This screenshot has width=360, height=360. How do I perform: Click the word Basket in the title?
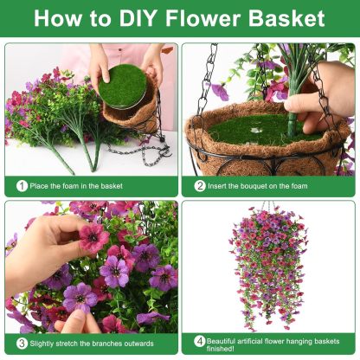click(x=286, y=18)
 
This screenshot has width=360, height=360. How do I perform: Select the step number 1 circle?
click(x=21, y=185)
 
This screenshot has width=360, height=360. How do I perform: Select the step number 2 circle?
click(x=199, y=185)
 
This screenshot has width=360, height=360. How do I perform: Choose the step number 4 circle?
click(x=199, y=340)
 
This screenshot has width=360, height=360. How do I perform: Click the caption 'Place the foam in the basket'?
click(x=76, y=185)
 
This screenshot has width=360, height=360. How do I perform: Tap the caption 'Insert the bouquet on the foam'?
click(x=257, y=185)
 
